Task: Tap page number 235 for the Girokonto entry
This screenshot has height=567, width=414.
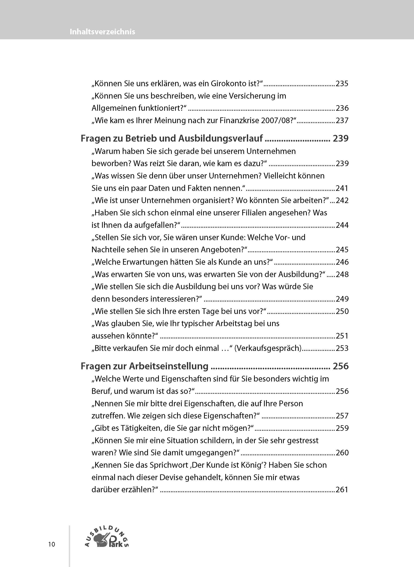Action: (x=342, y=83)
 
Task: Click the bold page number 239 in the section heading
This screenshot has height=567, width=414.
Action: (x=340, y=138)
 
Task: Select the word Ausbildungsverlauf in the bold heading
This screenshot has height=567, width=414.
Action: (x=220, y=138)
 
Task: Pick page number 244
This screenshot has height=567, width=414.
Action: (x=342, y=225)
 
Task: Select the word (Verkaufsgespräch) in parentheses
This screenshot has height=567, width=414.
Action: (x=268, y=348)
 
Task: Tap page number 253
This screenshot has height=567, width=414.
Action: (x=342, y=348)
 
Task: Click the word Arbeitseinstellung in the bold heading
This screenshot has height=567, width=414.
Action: (x=169, y=366)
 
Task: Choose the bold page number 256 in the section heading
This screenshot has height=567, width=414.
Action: (x=340, y=366)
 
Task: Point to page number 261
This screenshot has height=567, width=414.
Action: (x=342, y=489)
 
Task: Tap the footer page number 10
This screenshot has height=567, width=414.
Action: (x=52, y=544)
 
